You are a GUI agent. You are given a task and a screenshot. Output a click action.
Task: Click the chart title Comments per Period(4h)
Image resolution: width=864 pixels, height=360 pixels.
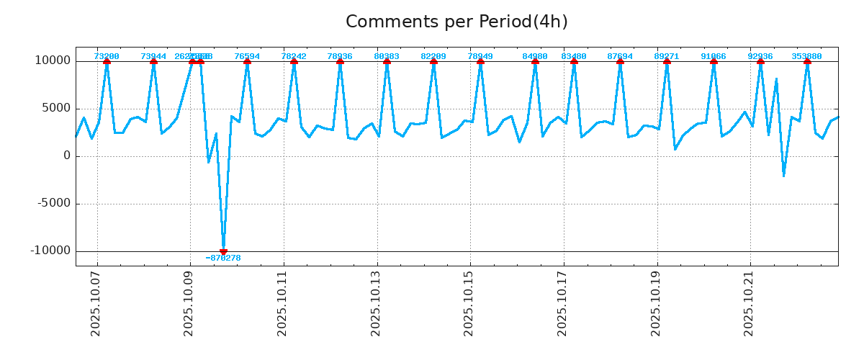[456, 22]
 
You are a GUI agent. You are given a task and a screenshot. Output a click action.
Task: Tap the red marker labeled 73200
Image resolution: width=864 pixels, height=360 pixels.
[107, 61]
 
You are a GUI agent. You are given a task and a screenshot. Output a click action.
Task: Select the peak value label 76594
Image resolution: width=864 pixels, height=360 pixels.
[247, 56]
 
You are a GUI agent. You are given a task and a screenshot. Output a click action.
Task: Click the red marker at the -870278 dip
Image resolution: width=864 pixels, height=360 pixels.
[223, 251]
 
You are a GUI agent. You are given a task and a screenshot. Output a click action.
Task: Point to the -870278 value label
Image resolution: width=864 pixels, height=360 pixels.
[223, 258]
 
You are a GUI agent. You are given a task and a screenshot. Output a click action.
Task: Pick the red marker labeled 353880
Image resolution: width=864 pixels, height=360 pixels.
[807, 61]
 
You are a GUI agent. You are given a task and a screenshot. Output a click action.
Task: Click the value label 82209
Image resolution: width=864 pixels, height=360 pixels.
[433, 56]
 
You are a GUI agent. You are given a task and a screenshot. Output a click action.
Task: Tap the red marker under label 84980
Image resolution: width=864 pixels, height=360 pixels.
[535, 61]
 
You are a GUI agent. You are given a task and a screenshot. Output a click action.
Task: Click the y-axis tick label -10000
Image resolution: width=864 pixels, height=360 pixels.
[50, 251]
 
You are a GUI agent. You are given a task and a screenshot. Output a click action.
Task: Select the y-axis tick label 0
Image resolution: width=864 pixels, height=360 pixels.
[67, 156]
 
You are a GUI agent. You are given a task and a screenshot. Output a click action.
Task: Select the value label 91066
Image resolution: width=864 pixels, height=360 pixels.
[714, 56]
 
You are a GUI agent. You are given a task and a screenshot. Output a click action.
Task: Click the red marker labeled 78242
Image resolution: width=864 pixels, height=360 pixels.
[294, 61]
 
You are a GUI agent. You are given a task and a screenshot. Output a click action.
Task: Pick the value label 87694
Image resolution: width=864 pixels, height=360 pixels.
[620, 56]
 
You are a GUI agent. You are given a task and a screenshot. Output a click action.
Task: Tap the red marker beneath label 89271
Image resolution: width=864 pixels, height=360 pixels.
[667, 61]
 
